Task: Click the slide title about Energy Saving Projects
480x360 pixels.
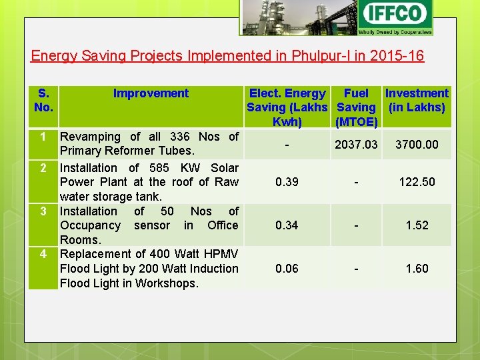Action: (x=227, y=55)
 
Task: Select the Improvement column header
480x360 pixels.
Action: (x=151, y=93)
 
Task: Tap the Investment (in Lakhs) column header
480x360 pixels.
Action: (x=417, y=100)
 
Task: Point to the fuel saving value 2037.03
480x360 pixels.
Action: (x=356, y=144)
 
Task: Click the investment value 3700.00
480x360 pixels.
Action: (x=417, y=144)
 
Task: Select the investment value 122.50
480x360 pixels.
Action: (x=417, y=182)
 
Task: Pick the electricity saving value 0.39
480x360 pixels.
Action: (x=287, y=182)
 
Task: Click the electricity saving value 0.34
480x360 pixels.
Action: (x=287, y=225)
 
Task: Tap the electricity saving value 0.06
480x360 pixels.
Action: (x=287, y=269)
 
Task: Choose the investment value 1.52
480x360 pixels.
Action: (x=417, y=225)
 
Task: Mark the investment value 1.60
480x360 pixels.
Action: (x=417, y=269)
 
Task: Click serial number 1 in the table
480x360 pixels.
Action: (x=42, y=137)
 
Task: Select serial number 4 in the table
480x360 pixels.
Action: (x=42, y=254)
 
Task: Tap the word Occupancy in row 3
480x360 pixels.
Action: (x=90, y=225)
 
